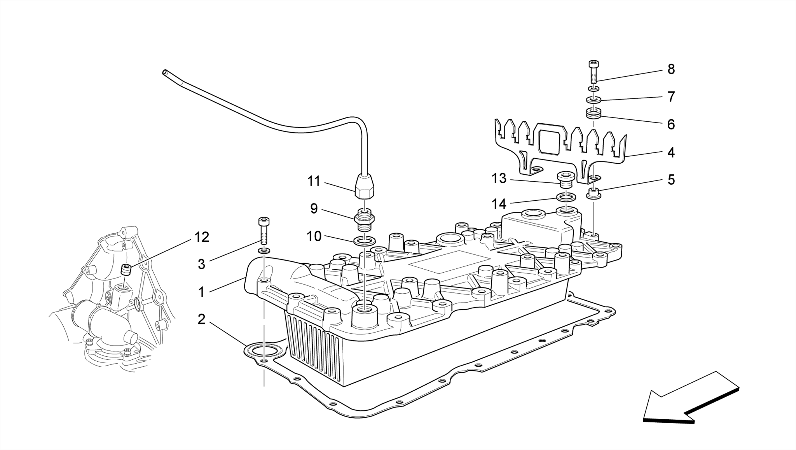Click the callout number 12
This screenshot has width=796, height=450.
tap(202, 237)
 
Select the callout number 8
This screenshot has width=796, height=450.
tap(671, 69)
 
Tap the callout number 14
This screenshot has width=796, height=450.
tap(499, 203)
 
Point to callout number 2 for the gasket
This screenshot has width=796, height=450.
tap(201, 319)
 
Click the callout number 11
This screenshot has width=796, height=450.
tap(314, 181)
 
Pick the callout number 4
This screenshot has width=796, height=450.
tap(671, 152)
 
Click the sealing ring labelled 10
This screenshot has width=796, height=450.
tap(365, 241)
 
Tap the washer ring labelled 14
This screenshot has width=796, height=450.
tap(566, 198)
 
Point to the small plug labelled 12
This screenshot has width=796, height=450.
tap(126, 269)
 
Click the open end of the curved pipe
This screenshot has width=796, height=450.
tap(165, 72)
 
